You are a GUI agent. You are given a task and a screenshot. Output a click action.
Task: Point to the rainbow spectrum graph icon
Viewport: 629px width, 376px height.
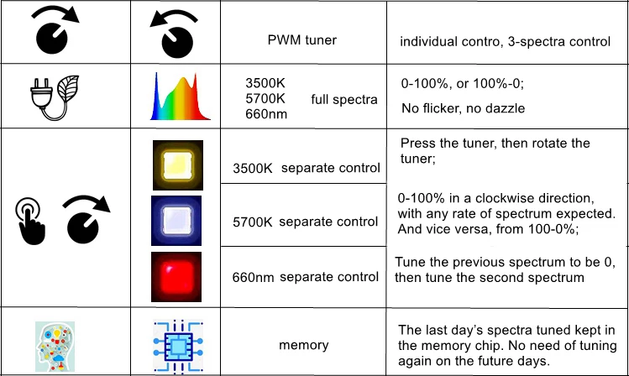click(178, 96)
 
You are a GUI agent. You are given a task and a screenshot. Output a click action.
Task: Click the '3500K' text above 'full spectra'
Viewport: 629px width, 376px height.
click(265, 84)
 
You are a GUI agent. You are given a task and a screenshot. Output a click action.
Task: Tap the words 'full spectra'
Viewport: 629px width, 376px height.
click(344, 100)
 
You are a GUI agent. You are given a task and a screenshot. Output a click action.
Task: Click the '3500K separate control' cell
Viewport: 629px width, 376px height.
click(307, 169)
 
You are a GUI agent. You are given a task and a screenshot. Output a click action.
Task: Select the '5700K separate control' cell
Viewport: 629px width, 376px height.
click(305, 222)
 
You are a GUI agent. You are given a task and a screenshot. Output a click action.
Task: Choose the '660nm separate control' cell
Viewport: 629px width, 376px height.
click(305, 277)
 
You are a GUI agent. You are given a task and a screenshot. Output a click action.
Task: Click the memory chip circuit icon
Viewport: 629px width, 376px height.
click(178, 344)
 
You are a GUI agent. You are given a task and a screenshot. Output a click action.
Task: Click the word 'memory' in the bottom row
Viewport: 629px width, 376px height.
click(304, 344)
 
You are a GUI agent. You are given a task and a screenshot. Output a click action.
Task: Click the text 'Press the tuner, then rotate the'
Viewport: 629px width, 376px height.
click(495, 143)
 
